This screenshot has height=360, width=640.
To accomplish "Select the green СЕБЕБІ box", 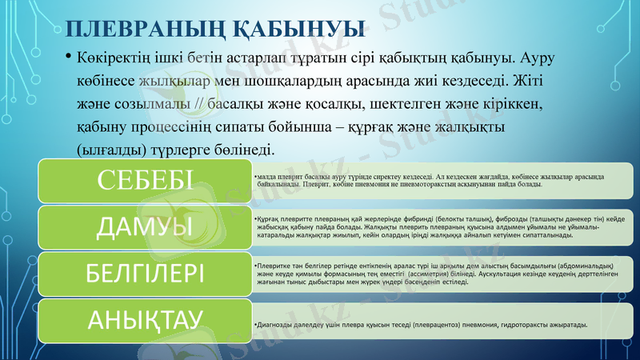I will coord(144,181).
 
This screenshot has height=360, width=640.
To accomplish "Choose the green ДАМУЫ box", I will coord(144,227).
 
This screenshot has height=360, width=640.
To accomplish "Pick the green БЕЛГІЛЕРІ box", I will coord(144,274).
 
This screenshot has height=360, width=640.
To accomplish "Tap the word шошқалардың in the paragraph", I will coord(302,82).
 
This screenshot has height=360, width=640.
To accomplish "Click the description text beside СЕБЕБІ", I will coord(424,180).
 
